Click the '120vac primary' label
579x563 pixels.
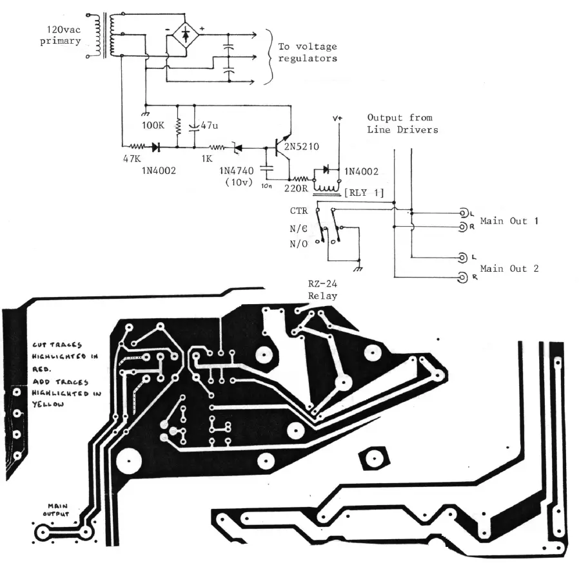point(63,35)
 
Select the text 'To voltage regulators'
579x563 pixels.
point(307,52)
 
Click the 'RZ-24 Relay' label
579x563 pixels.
point(322,289)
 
